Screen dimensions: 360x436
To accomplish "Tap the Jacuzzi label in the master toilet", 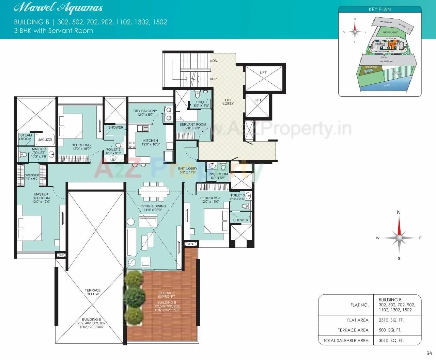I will pyautogui.click(x=45, y=140).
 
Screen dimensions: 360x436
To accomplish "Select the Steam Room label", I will pyautogui.click(x=26, y=137).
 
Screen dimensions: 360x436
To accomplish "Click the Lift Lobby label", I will pyautogui.click(x=228, y=102).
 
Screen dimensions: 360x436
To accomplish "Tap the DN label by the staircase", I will pyautogui.click(x=215, y=61).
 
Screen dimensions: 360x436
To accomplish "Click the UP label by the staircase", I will pyautogui.click(x=214, y=79).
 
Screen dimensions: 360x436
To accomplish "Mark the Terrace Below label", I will pyautogui.click(x=93, y=292).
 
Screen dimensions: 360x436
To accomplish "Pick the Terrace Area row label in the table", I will pyautogui.click(x=353, y=330).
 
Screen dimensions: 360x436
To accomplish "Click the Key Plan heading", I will pyautogui.click(x=380, y=10).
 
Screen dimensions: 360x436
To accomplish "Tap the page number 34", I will pyautogui.click(x=429, y=353).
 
